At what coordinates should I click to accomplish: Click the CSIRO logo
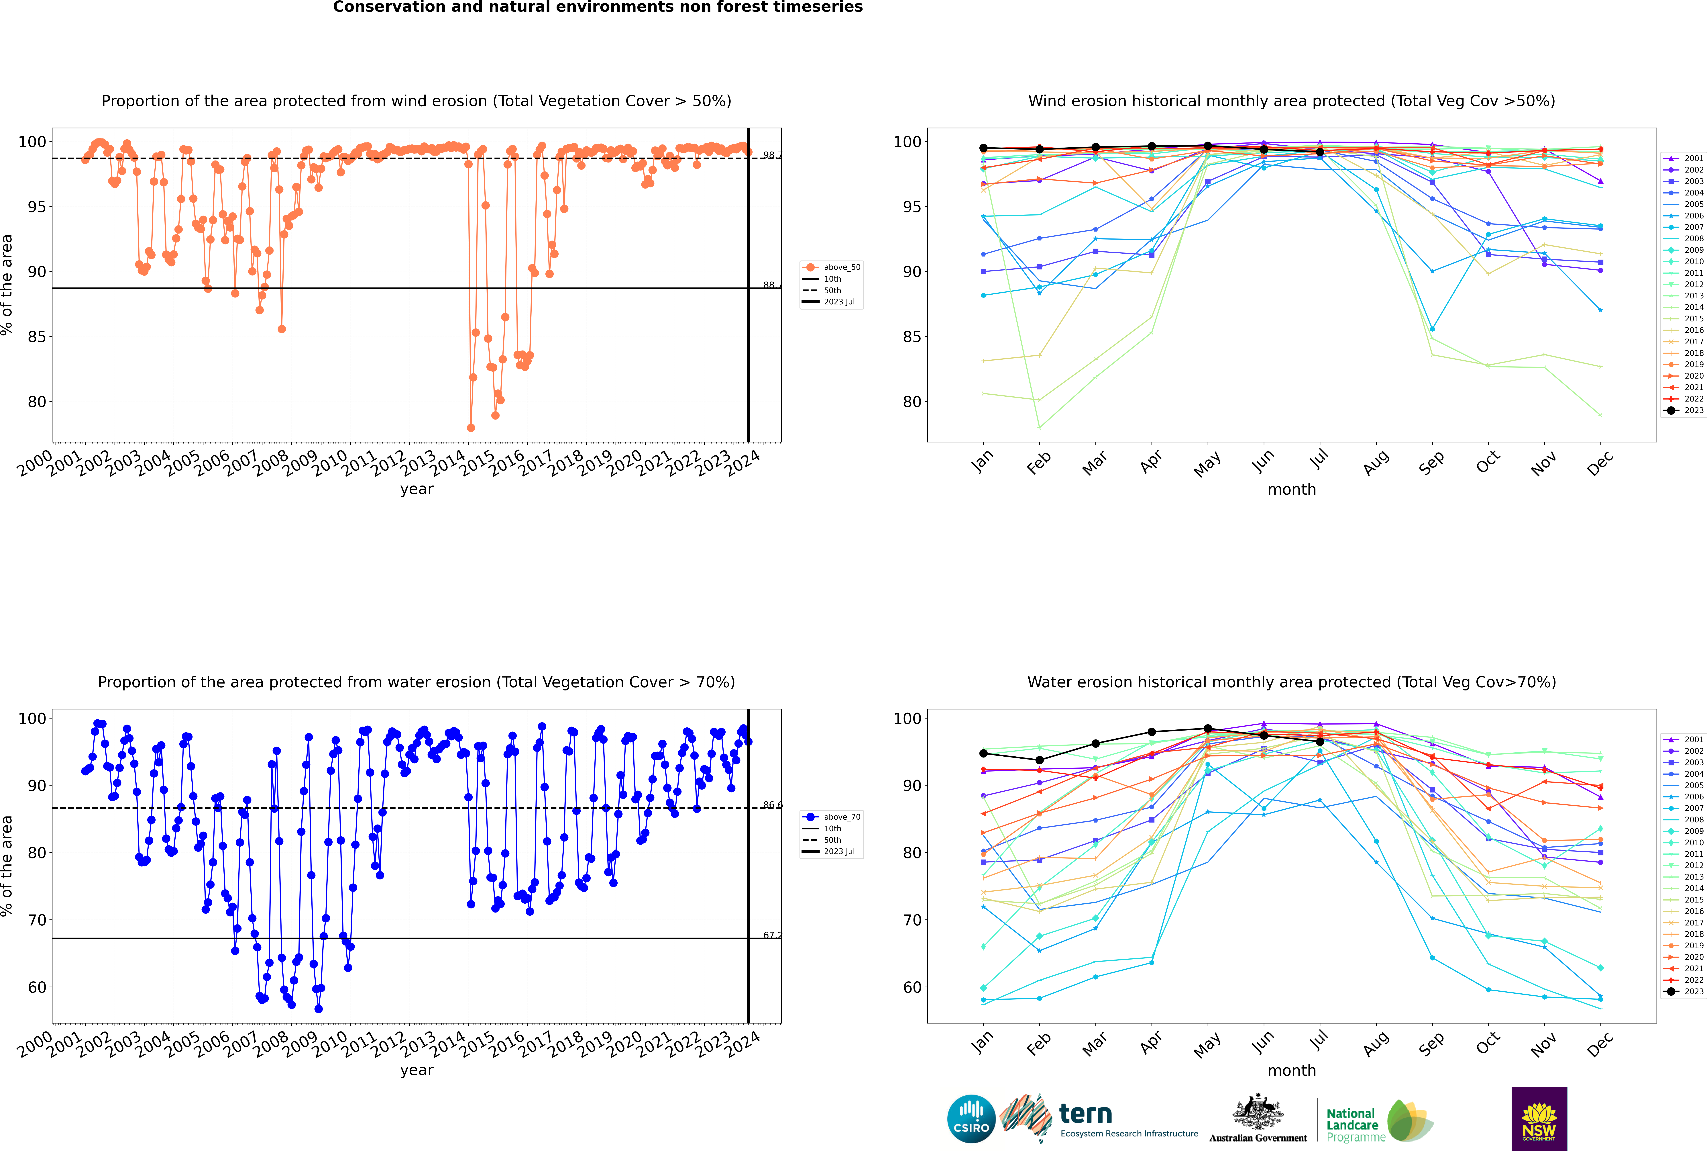(x=971, y=1119)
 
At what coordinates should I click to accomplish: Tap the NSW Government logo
(x=1539, y=1118)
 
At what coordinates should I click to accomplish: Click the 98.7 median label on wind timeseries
(x=772, y=155)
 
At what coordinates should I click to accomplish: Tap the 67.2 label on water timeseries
(x=772, y=935)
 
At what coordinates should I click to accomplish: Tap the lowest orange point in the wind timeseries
(x=471, y=427)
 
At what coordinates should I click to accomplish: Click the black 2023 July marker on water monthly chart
(x=1319, y=741)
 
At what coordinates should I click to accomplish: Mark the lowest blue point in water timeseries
(x=319, y=1009)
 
